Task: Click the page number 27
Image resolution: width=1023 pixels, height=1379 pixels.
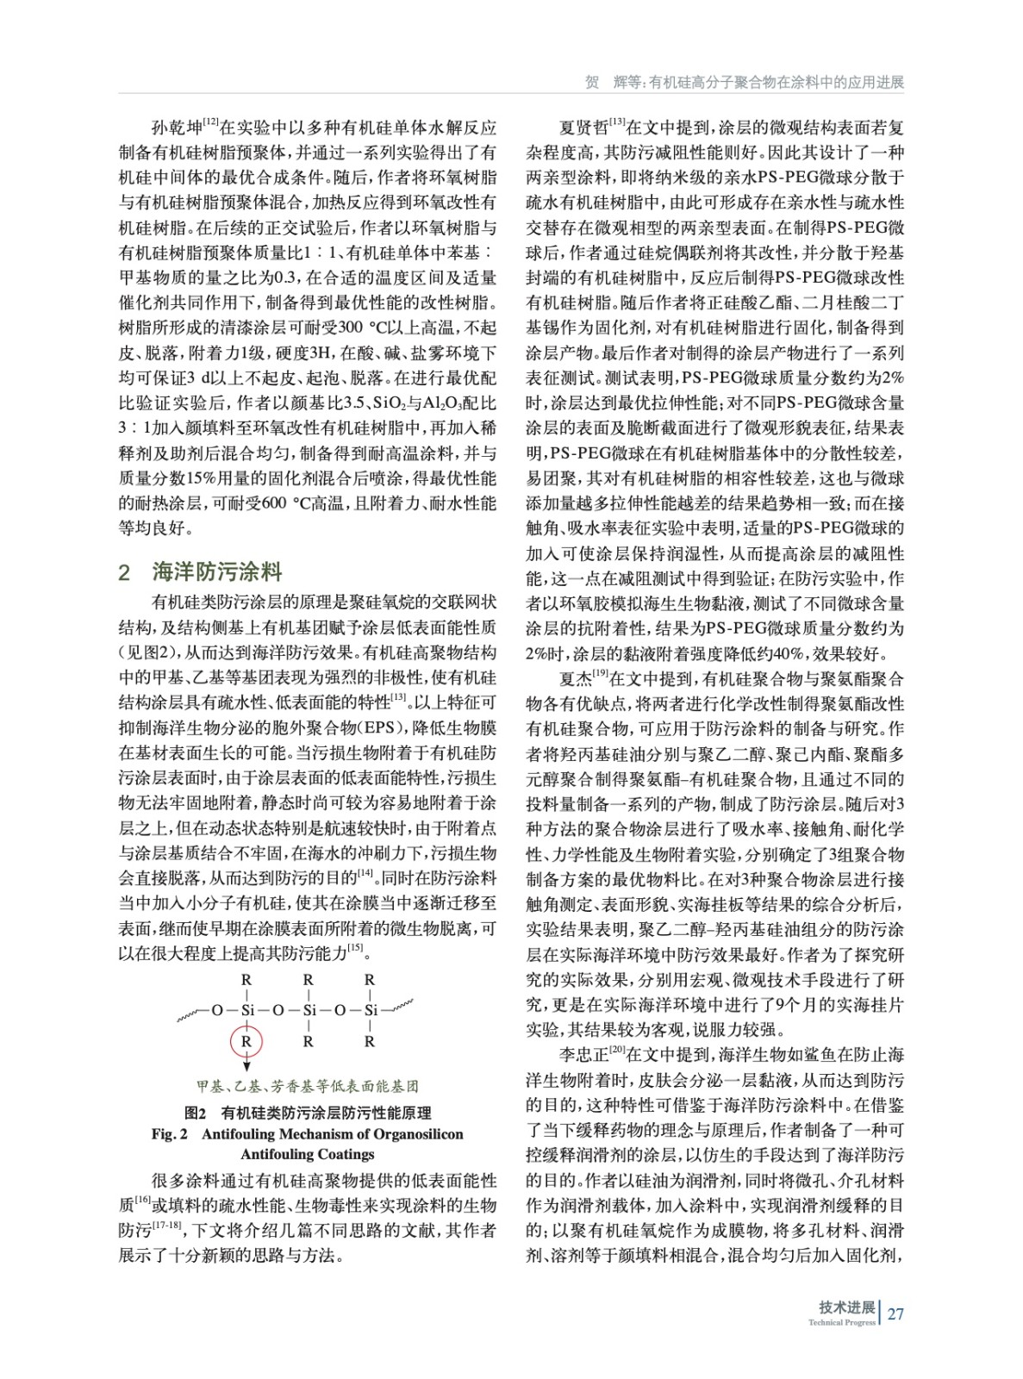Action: (x=895, y=1313)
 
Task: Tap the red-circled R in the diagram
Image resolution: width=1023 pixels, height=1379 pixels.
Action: (x=246, y=1041)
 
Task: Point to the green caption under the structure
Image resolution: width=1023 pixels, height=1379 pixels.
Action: (x=308, y=1086)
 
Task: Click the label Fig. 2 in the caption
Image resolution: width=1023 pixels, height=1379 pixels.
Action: (x=169, y=1134)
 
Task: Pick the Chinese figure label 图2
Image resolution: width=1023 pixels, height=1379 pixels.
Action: (x=196, y=1113)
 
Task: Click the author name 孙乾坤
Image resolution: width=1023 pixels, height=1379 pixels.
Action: (x=177, y=128)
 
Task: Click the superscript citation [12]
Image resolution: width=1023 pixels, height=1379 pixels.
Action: (x=210, y=123)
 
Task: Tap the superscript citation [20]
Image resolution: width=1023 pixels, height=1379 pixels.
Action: (x=617, y=1049)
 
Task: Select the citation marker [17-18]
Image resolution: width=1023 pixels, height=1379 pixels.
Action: (x=167, y=1225)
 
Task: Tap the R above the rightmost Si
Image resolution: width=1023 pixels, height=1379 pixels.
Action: (x=370, y=980)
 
